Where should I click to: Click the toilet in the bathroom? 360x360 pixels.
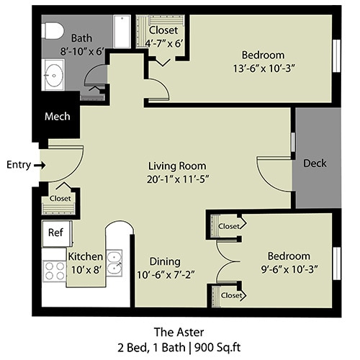(50, 30)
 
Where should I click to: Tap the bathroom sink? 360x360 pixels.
(54, 76)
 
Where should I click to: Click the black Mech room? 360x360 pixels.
(56, 116)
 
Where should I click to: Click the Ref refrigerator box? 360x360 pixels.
(55, 233)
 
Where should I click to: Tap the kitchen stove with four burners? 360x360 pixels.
(55, 271)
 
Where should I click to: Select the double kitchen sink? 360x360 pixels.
(114, 264)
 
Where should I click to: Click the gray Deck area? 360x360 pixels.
(315, 163)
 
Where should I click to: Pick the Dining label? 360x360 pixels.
(165, 261)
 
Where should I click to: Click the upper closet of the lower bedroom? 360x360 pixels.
(228, 226)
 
